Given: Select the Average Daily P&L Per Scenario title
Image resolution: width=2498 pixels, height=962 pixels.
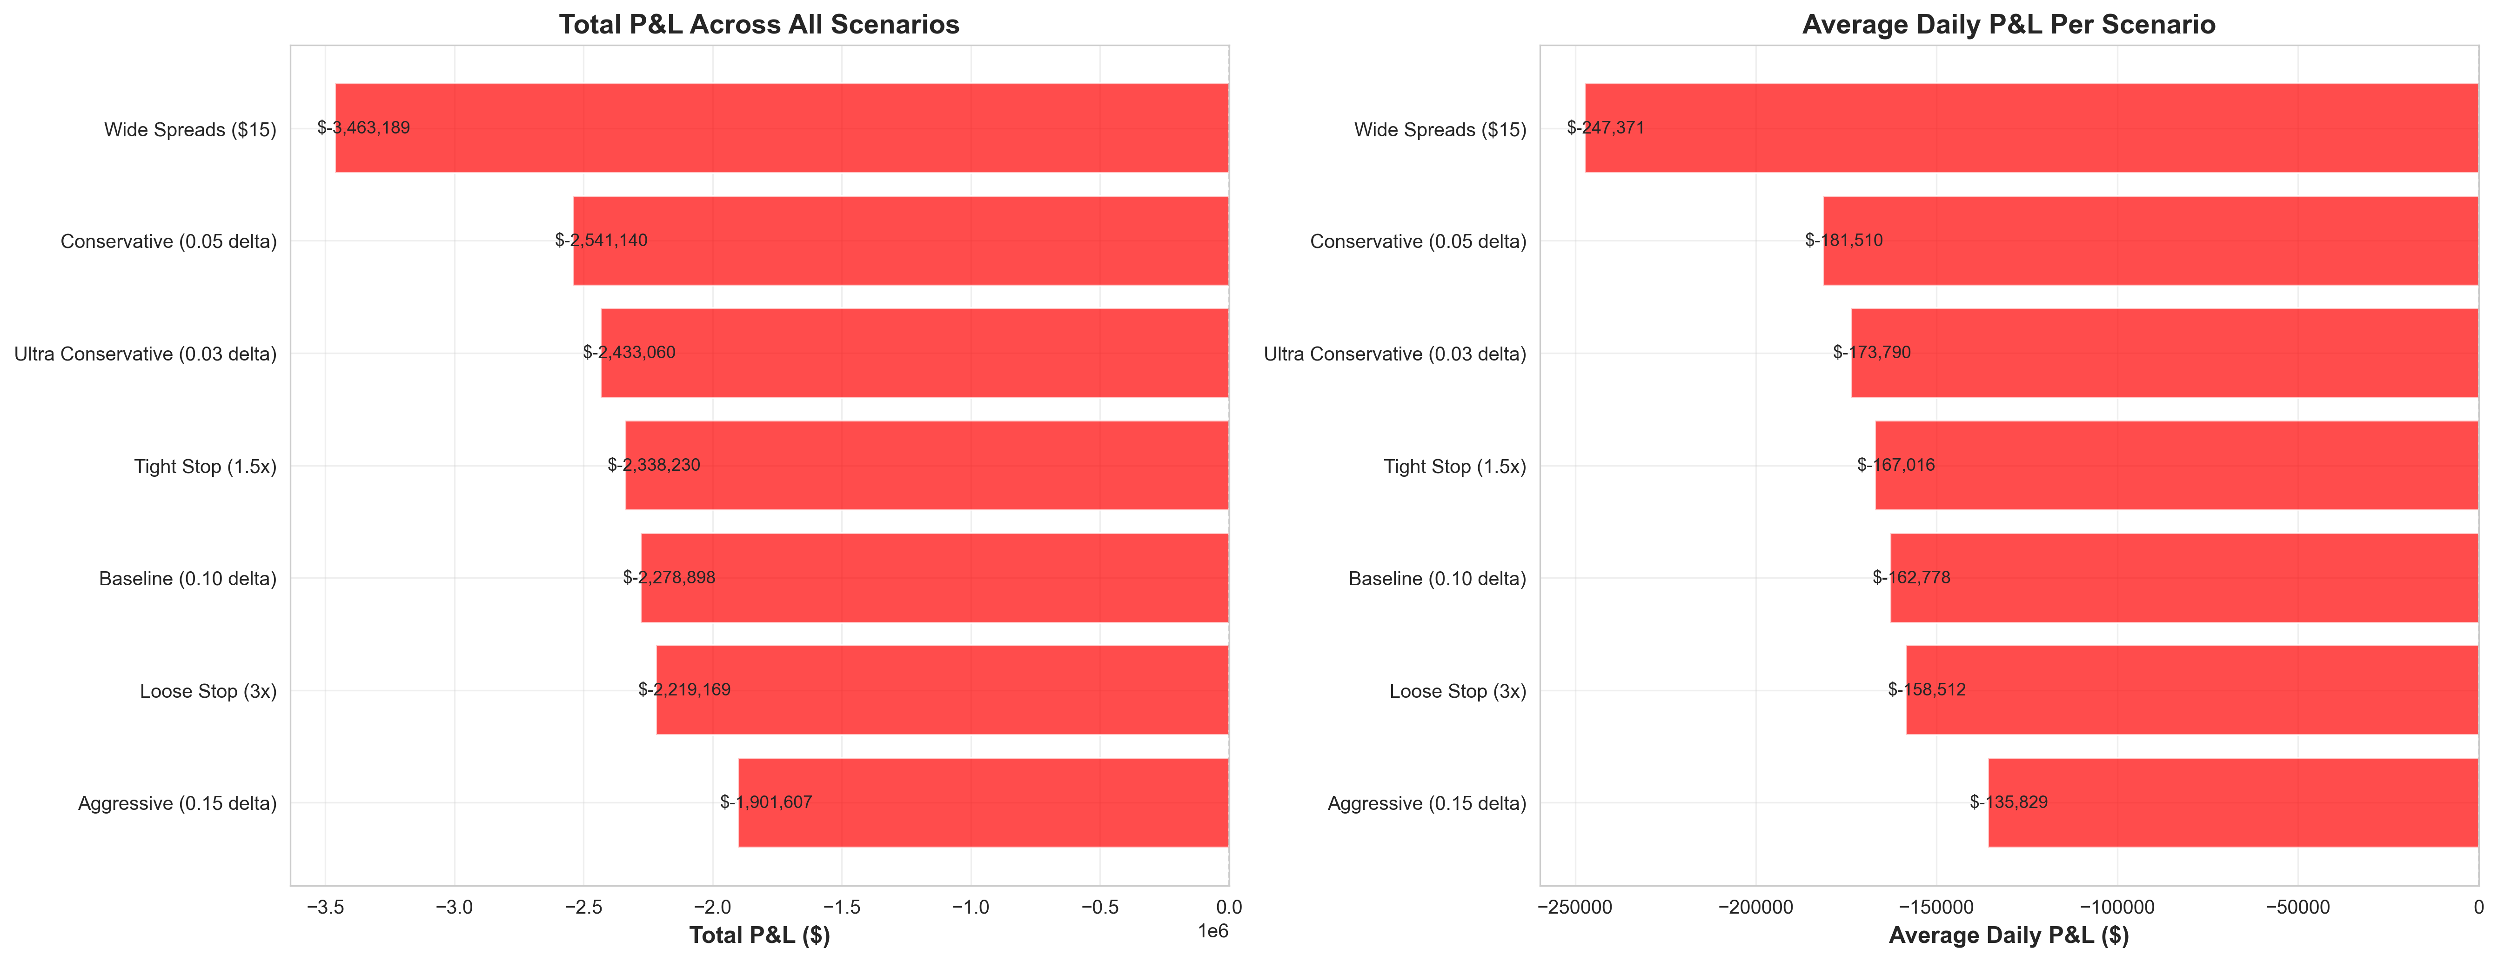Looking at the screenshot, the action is point(2008,24).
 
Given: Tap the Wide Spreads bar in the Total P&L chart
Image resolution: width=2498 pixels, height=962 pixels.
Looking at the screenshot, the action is point(782,128).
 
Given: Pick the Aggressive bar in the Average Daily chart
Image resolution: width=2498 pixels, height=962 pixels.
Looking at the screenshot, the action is point(2233,802).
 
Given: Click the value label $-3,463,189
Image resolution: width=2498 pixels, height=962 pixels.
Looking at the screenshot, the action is point(364,128).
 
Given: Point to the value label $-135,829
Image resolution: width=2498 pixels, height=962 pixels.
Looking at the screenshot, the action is point(2008,802).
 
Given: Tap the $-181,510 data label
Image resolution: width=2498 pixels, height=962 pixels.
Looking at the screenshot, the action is point(1843,240).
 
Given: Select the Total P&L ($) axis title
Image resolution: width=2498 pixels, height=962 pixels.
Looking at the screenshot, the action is point(759,935).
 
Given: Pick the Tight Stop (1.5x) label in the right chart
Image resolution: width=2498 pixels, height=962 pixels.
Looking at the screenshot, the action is point(1454,467).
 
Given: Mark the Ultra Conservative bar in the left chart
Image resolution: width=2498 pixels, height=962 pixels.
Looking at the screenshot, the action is point(914,353).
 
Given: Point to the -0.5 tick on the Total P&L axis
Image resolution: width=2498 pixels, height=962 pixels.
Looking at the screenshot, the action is point(1100,908).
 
